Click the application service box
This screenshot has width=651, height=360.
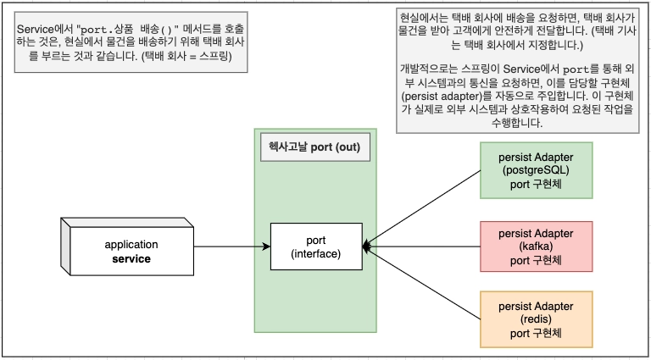[x=131, y=251]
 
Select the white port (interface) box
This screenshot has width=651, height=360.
[x=315, y=246]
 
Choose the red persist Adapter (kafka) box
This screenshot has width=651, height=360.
[x=536, y=246]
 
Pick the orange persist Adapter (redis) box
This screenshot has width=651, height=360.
[x=536, y=318]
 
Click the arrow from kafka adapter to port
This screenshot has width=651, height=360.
[x=424, y=246]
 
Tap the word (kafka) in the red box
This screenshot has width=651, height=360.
[x=536, y=246]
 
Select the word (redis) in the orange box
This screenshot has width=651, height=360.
[x=536, y=318]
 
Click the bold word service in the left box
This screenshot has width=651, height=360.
[x=131, y=258]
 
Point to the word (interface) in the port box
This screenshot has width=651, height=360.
[x=315, y=254]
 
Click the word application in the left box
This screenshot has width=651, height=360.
[x=131, y=244]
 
